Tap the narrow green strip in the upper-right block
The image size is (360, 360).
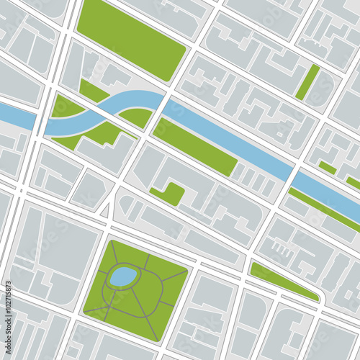click(x=307, y=82)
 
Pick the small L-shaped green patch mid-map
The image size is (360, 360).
click(x=168, y=193)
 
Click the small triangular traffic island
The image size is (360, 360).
click(x=105, y=210)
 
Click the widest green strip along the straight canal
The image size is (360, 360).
click(x=194, y=147)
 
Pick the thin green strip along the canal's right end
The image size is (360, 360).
click(x=324, y=209)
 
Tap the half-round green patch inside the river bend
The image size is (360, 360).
click(x=137, y=115)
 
